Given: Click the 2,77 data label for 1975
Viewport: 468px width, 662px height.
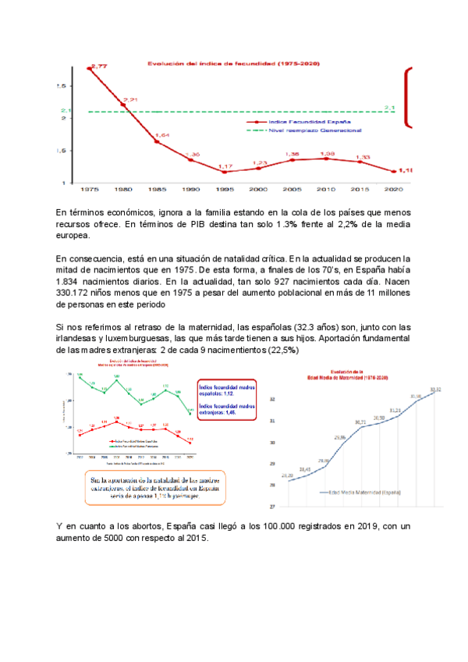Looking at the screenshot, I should (x=99, y=67).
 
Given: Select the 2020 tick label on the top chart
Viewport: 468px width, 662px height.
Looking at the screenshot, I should (x=393, y=190).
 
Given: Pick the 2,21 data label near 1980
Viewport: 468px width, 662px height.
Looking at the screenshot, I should (x=129, y=100).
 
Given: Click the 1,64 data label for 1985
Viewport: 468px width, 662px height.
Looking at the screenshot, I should (x=161, y=136).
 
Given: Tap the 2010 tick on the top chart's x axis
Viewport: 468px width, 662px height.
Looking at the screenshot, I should (x=327, y=190).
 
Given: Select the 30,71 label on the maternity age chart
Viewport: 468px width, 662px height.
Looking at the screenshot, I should (x=360, y=422).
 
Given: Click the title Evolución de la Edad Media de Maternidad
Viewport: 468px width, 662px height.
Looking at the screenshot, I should (x=348, y=375).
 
